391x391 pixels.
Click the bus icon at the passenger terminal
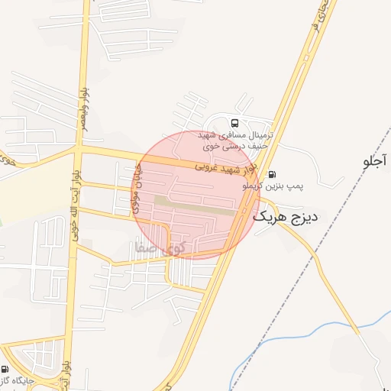[x=234, y=122]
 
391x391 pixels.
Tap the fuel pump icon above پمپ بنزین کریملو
[x=273, y=174]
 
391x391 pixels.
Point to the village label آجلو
[x=376, y=162]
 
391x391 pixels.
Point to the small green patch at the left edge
[x=2, y=222]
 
